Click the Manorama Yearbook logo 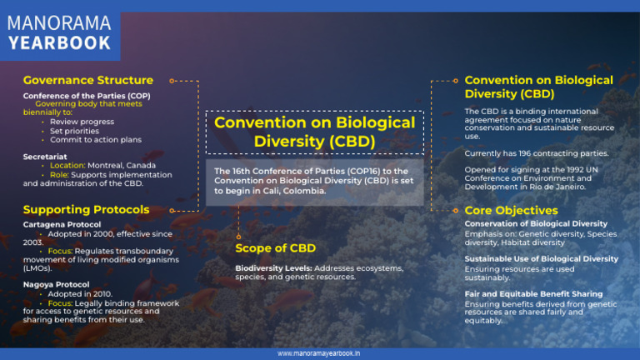pos(59,31)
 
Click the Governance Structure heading pos(88,81)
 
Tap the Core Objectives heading pos(511,211)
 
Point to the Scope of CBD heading pos(275,248)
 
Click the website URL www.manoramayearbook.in pos(319,353)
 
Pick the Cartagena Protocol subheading pos(62,224)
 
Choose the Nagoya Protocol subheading pos(57,284)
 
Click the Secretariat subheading pos(45,156)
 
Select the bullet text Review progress pos(82,122)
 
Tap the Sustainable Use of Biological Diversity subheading pos(541,259)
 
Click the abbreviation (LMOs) pos(37,269)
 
